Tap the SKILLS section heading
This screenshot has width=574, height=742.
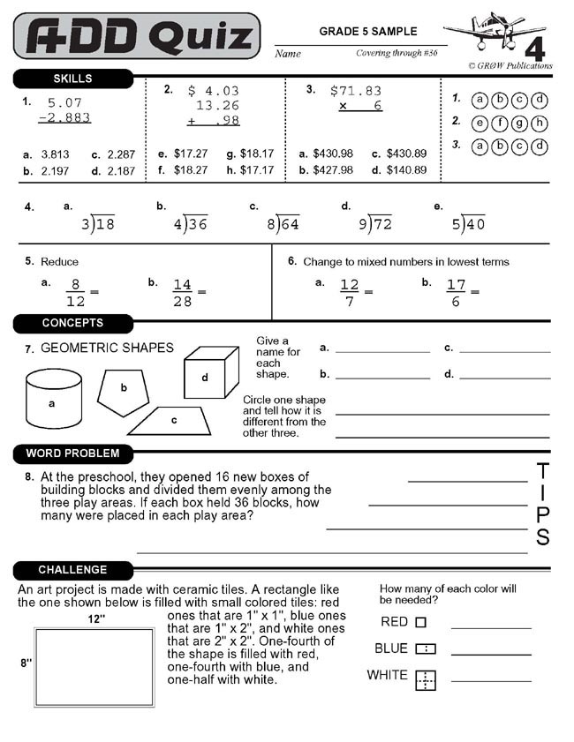72,79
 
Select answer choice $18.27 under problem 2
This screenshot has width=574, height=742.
191,170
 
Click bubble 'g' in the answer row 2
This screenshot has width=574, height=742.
519,123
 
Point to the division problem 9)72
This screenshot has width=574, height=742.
375,223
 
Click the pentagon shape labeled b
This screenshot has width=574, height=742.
124,389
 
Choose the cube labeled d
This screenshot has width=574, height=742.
210,374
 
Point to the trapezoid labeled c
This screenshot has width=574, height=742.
172,420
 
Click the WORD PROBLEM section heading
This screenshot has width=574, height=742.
72,453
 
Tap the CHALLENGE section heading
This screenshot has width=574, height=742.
72,570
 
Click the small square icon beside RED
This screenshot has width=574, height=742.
420,622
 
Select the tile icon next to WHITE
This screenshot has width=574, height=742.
426,679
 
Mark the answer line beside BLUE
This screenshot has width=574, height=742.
491,654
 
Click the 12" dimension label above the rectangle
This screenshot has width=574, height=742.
96,619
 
